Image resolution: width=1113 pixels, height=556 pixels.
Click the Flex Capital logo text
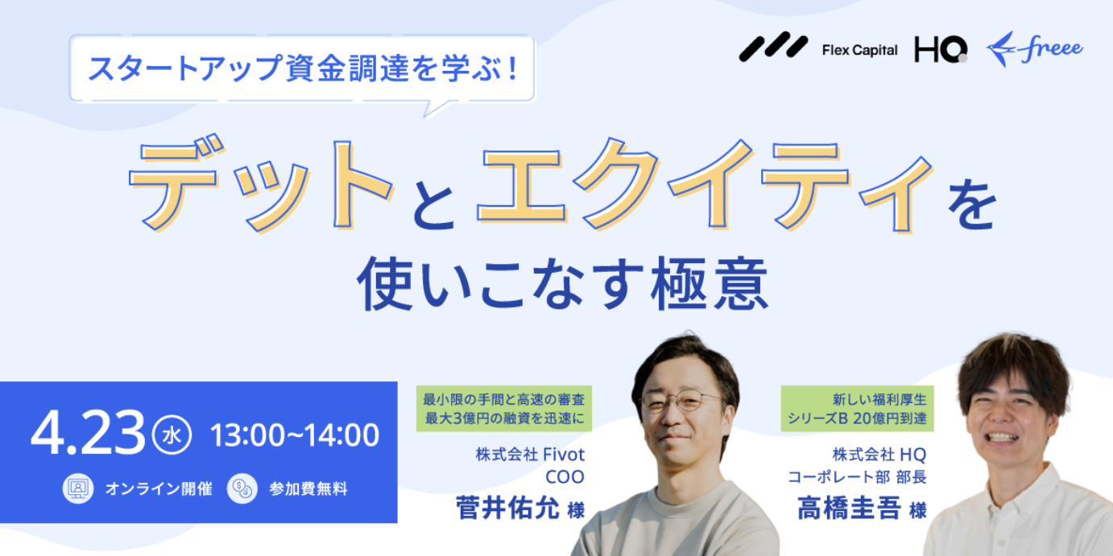point(859,50)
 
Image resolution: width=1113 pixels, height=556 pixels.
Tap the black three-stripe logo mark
point(773,47)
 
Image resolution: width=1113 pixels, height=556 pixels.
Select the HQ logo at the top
point(941,49)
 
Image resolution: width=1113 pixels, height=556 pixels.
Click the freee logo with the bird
point(1035,48)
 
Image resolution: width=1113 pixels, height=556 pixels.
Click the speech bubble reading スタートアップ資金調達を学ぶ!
point(302,68)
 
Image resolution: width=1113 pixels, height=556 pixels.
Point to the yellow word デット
point(261,185)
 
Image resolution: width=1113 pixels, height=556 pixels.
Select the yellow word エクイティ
point(704,185)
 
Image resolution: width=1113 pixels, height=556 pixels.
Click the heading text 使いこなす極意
point(562,285)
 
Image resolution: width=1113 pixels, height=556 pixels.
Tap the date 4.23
point(88,434)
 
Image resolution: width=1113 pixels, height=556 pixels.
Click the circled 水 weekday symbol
point(172,435)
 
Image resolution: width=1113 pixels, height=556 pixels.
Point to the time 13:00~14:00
point(295,435)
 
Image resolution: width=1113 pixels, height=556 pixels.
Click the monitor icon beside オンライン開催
point(78,488)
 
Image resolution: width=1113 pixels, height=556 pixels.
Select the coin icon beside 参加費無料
point(242,488)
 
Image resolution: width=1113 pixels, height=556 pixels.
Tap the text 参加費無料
point(308,489)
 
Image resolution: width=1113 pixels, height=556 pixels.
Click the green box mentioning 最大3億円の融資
point(504,409)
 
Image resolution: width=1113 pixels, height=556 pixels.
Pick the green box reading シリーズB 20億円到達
point(857,409)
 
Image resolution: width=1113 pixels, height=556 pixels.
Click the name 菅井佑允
point(508,508)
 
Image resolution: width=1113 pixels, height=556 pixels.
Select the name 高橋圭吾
point(849,508)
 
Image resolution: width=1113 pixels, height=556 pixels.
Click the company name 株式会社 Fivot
point(530,455)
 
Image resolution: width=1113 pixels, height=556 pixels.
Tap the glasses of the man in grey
point(681,402)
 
